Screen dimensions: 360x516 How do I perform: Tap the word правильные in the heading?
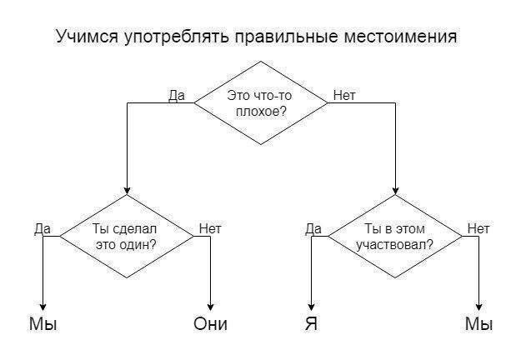[279, 37]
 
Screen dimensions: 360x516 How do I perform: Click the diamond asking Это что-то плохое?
[261, 103]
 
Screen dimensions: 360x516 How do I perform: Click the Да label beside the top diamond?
[177, 95]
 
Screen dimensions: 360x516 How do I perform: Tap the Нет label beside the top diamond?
[343, 95]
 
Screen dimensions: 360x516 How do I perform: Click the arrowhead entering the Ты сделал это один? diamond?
[126, 190]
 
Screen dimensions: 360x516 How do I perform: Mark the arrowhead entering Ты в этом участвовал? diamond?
[395, 190]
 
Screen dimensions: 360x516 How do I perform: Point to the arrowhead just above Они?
[210, 307]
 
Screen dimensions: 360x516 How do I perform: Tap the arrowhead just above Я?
[311, 307]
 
